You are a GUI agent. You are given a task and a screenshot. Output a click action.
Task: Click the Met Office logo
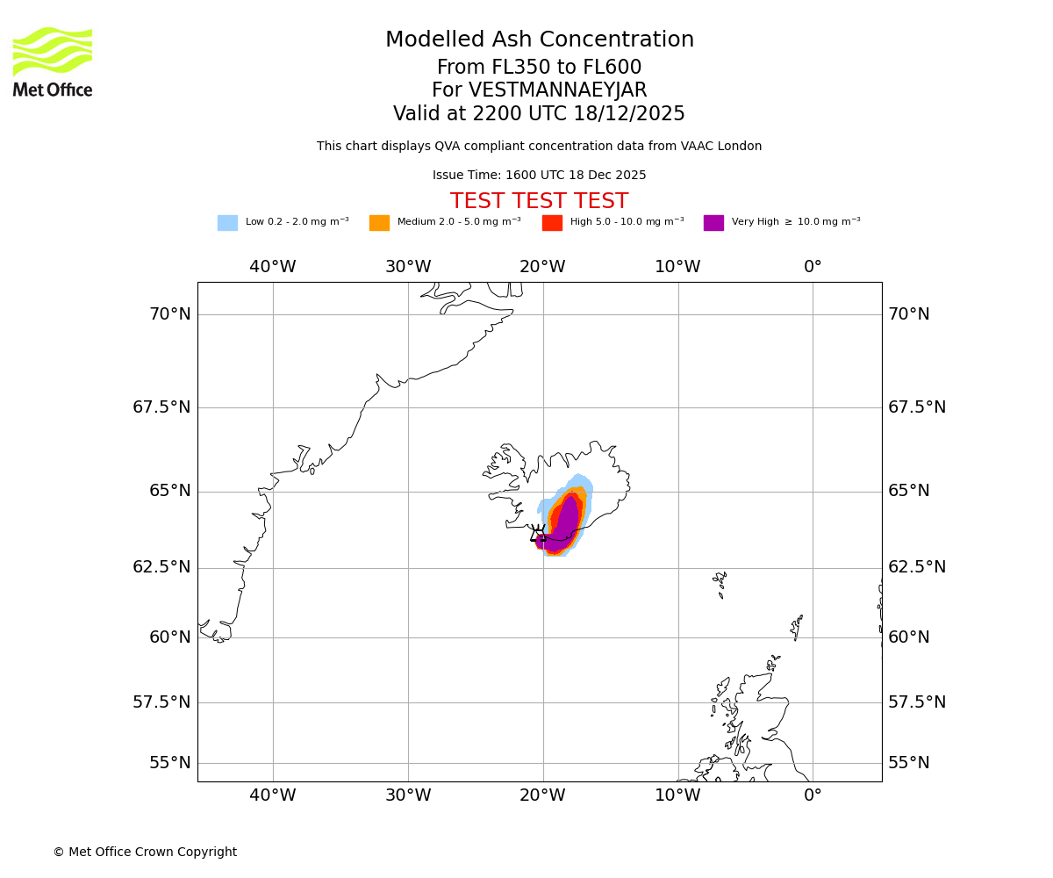[53, 61]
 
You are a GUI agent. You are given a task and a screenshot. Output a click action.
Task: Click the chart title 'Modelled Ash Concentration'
[539, 40]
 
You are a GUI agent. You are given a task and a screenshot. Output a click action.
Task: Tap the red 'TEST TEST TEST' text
[539, 202]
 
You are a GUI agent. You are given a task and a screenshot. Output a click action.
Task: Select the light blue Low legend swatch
[227, 223]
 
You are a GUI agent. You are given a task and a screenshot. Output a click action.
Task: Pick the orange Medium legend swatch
[379, 223]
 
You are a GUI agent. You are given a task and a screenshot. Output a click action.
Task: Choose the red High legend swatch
[552, 223]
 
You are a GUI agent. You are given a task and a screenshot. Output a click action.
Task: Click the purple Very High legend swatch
[713, 223]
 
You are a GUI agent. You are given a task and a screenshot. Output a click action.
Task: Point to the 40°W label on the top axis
[273, 267]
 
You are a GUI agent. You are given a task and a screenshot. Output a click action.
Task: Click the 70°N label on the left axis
[169, 314]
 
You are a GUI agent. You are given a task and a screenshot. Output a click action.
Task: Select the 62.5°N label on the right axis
[917, 567]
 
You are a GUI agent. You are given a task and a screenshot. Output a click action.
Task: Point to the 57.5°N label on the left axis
[161, 702]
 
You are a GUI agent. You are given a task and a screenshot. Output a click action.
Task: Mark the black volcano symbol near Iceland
[538, 534]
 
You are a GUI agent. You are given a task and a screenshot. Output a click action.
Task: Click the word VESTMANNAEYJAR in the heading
[557, 90]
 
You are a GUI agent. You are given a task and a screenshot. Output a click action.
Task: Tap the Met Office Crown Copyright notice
[145, 853]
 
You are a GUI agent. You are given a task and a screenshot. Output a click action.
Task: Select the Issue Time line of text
[539, 176]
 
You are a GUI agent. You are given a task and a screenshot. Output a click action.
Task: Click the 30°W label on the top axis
[408, 267]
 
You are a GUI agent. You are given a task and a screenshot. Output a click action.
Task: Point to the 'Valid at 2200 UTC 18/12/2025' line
[539, 114]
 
